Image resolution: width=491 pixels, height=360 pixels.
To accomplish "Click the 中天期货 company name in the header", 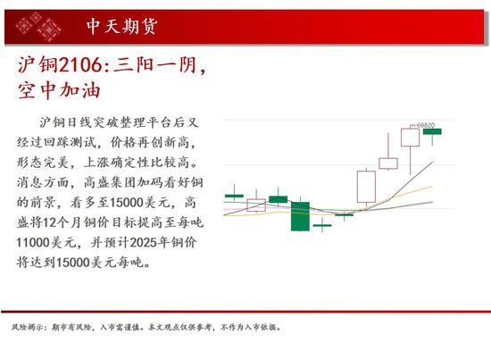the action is click(121, 26).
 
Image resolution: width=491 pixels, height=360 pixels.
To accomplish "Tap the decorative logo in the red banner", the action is click(38, 27).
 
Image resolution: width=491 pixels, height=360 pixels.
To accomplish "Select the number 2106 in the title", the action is click(80, 65).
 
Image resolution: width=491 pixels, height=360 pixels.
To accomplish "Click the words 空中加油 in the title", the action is click(59, 90).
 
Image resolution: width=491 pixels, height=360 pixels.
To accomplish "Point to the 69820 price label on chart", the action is click(426, 125).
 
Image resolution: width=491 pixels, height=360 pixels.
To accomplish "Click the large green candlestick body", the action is click(300, 216).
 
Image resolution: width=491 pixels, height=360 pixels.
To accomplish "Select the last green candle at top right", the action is click(432, 131).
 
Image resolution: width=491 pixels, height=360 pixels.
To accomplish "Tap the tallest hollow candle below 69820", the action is click(411, 138).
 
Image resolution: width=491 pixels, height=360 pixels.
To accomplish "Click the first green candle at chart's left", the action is click(234, 197).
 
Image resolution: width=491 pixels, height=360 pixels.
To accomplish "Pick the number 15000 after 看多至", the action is click(127, 203).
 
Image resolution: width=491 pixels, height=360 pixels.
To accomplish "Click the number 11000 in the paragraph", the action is click(33, 242).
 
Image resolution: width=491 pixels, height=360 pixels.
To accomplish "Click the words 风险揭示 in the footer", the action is click(27, 328).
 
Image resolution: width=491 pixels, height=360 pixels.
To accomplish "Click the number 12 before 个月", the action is click(49, 222).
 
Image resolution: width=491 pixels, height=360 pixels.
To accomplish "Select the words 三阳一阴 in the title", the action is click(155, 65).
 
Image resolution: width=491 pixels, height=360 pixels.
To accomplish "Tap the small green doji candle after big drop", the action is click(322, 225).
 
